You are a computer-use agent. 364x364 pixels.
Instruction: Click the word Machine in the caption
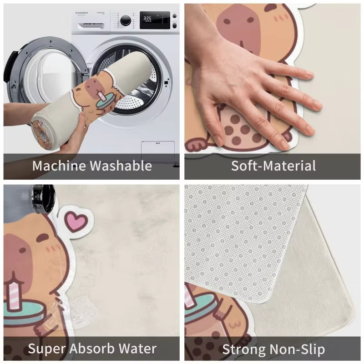point(59,166)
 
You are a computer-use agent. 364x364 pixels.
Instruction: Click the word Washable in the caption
point(121,166)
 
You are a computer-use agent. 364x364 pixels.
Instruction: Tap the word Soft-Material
point(273,166)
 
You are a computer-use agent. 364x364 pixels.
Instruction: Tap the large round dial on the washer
point(126,20)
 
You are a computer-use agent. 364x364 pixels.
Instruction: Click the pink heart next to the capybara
point(76,221)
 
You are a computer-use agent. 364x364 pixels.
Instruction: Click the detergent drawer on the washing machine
point(91,25)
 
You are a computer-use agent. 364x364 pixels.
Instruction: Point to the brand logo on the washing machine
point(81,13)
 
